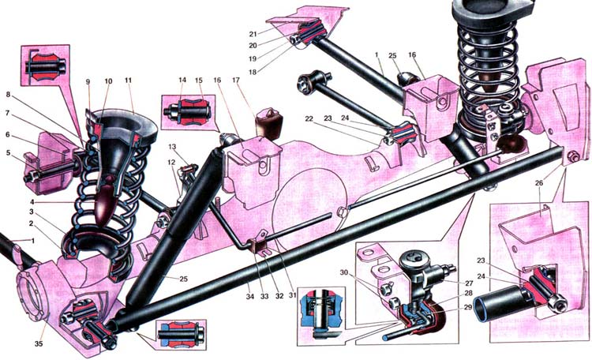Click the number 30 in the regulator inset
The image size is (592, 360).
point(365,273)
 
